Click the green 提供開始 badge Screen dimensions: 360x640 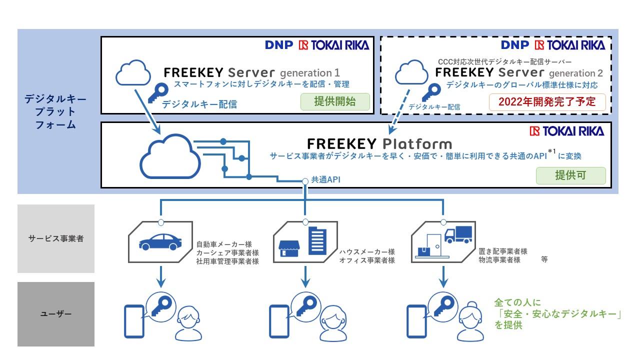[x=335, y=102]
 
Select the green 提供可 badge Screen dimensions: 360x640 [x=570, y=175]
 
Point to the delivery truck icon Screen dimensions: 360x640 [x=457, y=234]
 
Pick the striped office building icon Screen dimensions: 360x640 [x=316, y=240]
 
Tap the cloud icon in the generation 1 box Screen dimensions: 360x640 [x=133, y=73]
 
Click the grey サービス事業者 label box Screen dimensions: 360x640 [x=56, y=238]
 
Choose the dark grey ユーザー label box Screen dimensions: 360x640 [x=56, y=314]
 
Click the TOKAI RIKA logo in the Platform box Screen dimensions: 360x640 [x=566, y=131]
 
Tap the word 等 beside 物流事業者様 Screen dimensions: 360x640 [x=544, y=260]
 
